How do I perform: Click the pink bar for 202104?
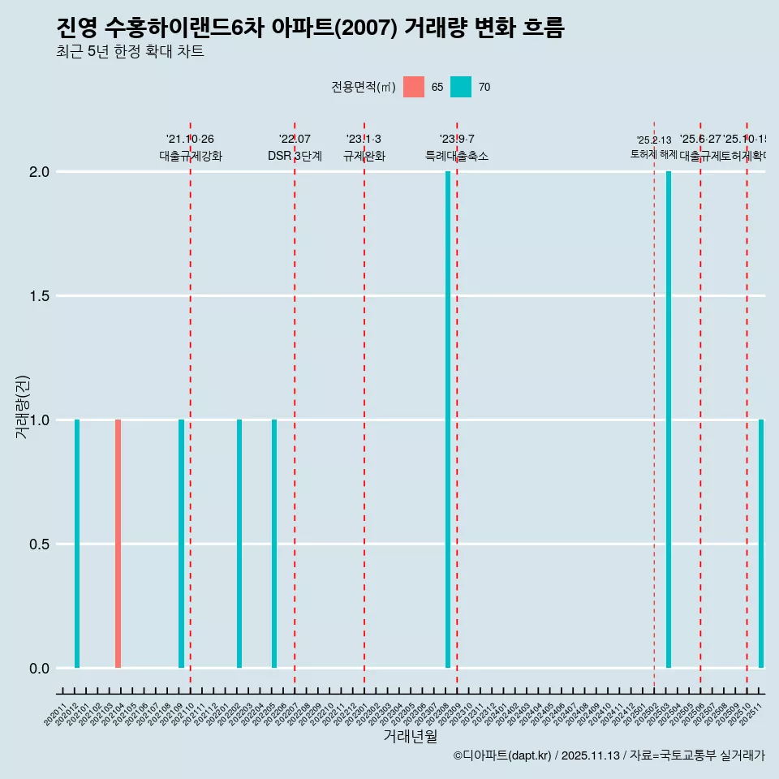coord(118,544)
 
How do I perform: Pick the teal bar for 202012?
coord(77,544)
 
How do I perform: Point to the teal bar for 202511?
coord(761,544)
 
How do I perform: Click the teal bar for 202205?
coord(274,544)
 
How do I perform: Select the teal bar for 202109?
coord(182,544)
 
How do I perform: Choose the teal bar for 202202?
coord(239,544)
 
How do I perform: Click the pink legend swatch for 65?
coord(414,87)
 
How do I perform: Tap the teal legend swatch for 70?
coord(461,87)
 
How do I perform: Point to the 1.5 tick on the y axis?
coord(40,296)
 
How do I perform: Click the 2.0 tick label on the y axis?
coord(40,172)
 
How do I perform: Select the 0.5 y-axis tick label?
coord(40,544)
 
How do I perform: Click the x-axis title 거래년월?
coord(411,736)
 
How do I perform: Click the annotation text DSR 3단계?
coord(295,157)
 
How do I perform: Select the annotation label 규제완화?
coord(364,157)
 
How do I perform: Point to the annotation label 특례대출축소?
coord(457,157)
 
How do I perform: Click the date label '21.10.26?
coord(190,140)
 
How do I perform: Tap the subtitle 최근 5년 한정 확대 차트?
coord(130,52)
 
